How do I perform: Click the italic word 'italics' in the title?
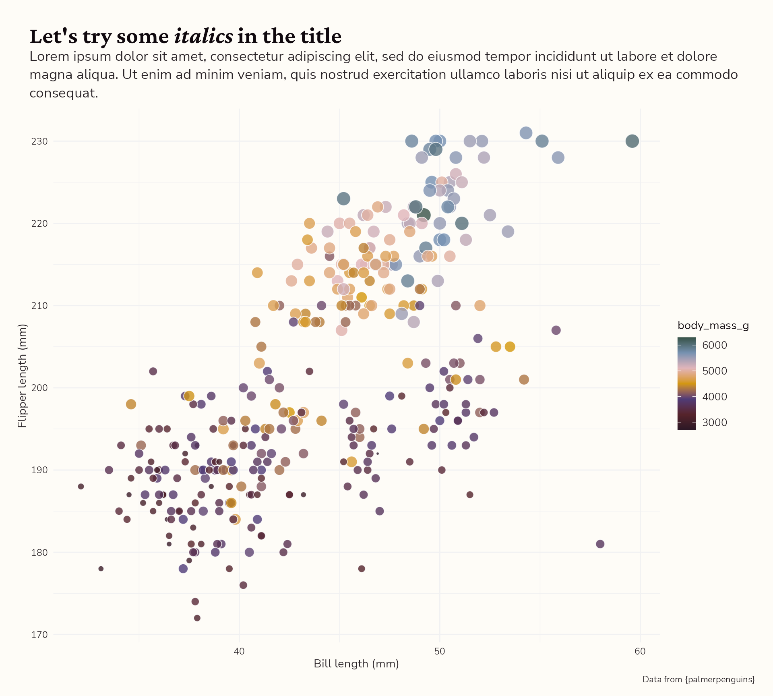[x=203, y=36]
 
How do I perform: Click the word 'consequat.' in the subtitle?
[x=64, y=93]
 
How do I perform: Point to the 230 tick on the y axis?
[x=39, y=141]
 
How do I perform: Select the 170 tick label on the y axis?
[x=39, y=635]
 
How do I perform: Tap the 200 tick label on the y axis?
[x=39, y=388]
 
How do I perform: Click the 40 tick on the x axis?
[x=239, y=652]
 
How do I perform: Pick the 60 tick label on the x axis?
[x=640, y=652]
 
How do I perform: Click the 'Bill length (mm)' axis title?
[x=356, y=664]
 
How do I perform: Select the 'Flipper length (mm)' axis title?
[x=22, y=375]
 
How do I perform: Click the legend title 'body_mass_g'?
[x=713, y=325]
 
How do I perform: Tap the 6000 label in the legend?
[x=715, y=345]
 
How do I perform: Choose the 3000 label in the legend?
[x=715, y=423]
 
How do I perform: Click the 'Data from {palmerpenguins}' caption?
[x=699, y=679]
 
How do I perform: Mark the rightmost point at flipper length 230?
[x=632, y=141]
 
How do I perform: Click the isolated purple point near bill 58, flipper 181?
[x=600, y=544]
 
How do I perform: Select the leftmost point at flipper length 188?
[x=81, y=487]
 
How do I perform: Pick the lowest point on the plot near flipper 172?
[x=197, y=618]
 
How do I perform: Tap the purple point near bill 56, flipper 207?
[x=556, y=330]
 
